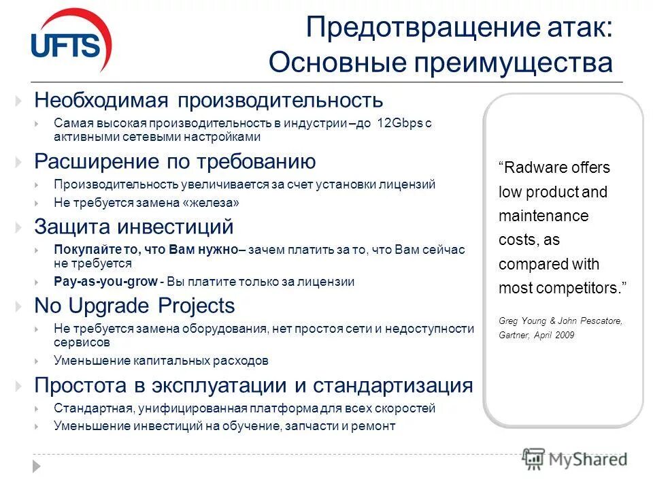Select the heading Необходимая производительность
click(x=209, y=101)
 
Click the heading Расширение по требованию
click(x=175, y=162)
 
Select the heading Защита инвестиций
click(x=134, y=227)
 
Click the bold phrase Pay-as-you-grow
click(x=105, y=281)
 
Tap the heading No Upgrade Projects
click(x=135, y=306)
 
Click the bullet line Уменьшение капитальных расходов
click(x=161, y=361)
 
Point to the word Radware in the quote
click(x=531, y=168)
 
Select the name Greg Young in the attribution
click(x=523, y=321)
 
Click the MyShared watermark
click(x=575, y=459)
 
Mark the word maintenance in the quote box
click(x=543, y=216)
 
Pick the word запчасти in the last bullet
click(x=305, y=427)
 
